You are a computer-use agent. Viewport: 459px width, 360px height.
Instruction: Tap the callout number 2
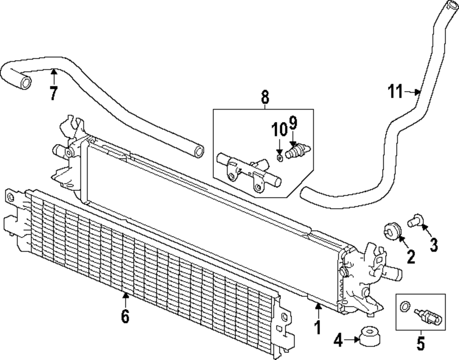click(410, 256)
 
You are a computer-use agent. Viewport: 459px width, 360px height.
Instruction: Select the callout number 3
click(433, 244)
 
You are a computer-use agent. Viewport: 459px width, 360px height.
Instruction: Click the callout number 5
click(420, 343)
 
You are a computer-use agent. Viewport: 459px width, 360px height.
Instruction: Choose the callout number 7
click(54, 93)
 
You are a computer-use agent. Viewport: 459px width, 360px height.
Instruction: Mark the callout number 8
click(265, 97)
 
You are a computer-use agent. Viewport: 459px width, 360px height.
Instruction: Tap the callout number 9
click(293, 123)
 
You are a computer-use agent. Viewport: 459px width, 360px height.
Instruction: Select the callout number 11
click(396, 92)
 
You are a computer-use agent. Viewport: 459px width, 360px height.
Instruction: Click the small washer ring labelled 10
click(280, 158)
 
